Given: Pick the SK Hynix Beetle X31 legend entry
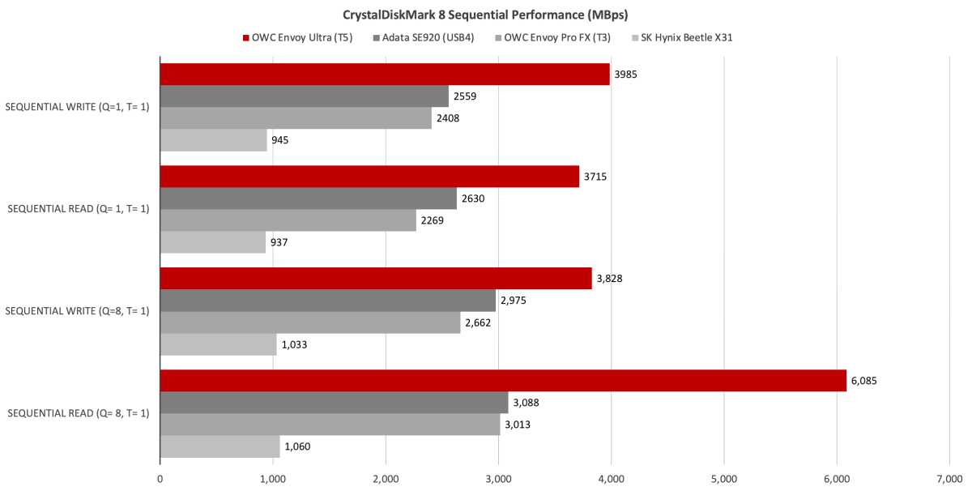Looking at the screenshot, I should click(687, 36).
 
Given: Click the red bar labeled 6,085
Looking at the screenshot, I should click(502, 381).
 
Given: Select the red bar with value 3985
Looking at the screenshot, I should click(385, 75).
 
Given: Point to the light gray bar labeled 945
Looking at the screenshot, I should click(213, 140).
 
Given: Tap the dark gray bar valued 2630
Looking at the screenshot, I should click(308, 199).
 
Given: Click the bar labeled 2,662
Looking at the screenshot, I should click(309, 322).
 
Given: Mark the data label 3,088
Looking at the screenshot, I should click(528, 403).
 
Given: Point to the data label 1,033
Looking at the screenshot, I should click(294, 344).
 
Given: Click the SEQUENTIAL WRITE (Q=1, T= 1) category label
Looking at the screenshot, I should click(77, 107).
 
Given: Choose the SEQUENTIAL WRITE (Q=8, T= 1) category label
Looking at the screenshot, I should click(77, 311).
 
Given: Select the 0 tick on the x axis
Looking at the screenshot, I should click(160, 478).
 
